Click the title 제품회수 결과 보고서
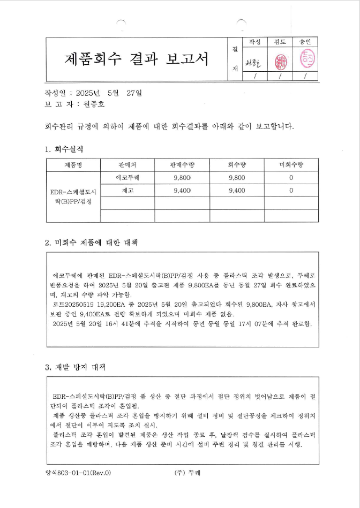[137, 59]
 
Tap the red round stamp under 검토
[280, 61]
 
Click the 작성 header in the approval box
[254, 42]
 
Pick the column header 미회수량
[291, 165]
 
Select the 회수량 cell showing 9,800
[236, 177]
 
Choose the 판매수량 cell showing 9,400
[183, 190]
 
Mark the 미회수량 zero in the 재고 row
[291, 190]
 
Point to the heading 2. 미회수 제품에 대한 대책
[92, 242]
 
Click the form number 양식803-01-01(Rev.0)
[78, 473]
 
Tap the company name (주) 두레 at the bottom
[187, 473]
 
